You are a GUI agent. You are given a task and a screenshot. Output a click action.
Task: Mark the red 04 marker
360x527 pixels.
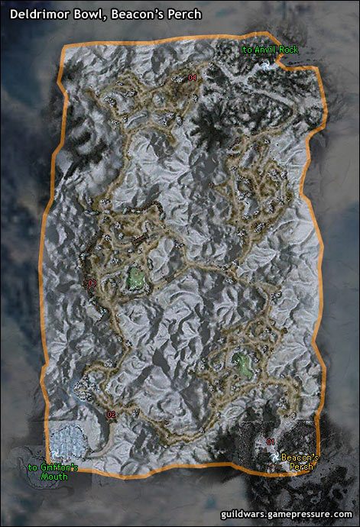pyautogui.click(x=193, y=78)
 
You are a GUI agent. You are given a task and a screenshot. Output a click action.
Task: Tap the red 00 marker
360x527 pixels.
pyautogui.click(x=92, y=283)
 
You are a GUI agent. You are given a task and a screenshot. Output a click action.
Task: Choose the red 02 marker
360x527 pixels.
pyautogui.click(x=111, y=415)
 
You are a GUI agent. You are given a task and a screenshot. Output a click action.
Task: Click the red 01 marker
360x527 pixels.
pyautogui.click(x=271, y=441)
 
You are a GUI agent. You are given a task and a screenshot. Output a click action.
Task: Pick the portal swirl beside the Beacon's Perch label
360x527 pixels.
pyautogui.click(x=274, y=456)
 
